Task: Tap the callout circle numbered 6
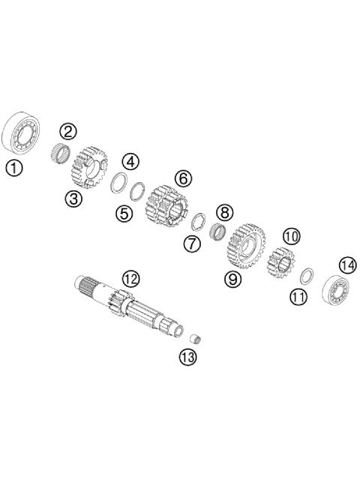182,178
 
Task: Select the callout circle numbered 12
130,279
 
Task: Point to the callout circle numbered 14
346,266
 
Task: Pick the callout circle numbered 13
187,357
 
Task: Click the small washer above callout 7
199,223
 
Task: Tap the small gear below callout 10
281,262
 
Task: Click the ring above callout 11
305,274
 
